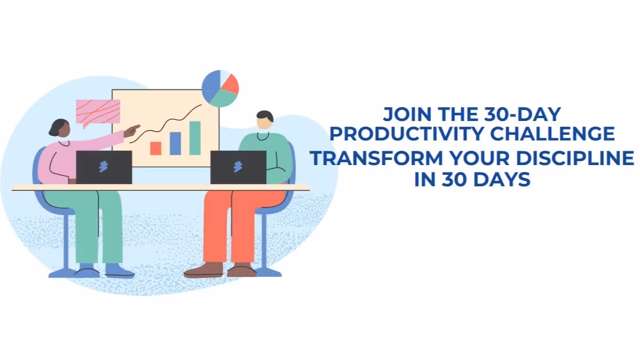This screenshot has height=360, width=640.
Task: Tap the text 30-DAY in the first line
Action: pyautogui.click(x=522, y=114)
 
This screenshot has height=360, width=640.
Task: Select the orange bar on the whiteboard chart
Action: pyautogui.click(x=155, y=148)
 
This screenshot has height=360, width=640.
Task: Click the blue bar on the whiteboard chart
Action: pyautogui.click(x=175, y=143)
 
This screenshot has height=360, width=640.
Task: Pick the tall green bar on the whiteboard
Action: pyautogui.click(x=195, y=138)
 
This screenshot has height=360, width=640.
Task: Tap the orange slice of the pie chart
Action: pyautogui.click(x=231, y=84)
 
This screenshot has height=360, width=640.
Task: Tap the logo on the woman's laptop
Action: pyautogui.click(x=104, y=167)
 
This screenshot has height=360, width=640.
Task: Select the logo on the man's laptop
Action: pyautogui.click(x=238, y=167)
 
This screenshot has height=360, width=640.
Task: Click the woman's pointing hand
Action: pyautogui.click(x=132, y=131)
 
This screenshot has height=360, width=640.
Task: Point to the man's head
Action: pyautogui.click(x=264, y=120)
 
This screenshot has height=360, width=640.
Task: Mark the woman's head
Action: pyautogui.click(x=60, y=128)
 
